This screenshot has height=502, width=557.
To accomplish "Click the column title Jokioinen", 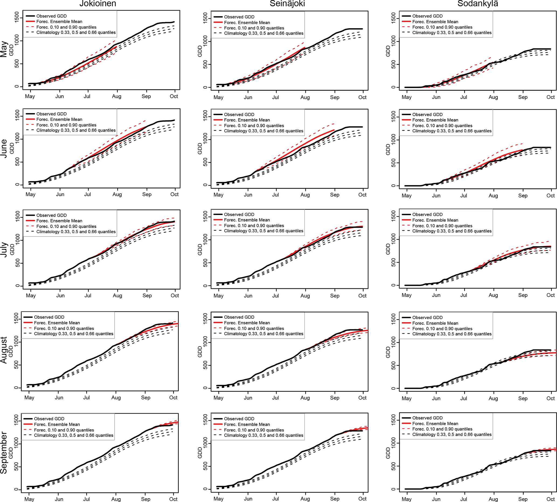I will pos(98,4).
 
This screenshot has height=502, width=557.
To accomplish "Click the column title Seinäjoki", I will pos(287,4).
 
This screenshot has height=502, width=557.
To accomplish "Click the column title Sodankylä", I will pos(478,4).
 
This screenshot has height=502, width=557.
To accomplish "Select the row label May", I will pos(4,49).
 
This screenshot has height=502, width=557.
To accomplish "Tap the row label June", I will pos(4,148).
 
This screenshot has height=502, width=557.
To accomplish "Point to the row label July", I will pos(4,250).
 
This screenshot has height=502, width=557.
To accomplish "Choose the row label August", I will pos(4,350).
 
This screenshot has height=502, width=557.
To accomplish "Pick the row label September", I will pos(4,453).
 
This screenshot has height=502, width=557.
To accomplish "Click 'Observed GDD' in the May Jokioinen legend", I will pos(51,16).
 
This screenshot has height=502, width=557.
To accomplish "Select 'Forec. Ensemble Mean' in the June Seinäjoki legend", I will pos(247,120).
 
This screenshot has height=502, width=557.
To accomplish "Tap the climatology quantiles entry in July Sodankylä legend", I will pos(452,231).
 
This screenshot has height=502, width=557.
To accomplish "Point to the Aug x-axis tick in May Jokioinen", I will pos(117,96).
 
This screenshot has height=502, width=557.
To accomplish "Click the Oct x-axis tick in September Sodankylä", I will pos(550,499).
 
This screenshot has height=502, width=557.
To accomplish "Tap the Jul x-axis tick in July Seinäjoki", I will pos(275,296).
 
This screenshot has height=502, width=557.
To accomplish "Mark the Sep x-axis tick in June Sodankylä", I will pos(523,196).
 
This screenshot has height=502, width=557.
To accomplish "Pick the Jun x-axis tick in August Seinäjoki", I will pos(248,398).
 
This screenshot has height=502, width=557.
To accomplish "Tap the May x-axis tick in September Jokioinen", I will pos(29,499).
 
